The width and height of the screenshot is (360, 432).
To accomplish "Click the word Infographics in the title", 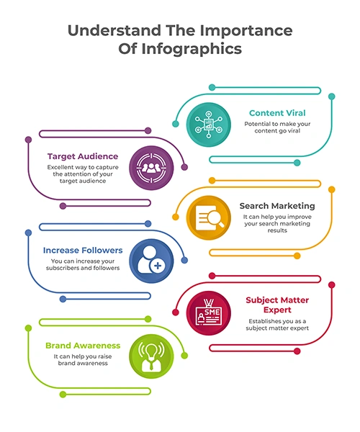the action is pos(192,49).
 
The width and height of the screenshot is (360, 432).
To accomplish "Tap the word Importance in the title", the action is pos(246,30).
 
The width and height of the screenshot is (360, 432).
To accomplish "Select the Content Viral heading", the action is pos(277,113).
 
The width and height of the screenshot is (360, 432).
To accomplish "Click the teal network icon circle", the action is pos(209,125).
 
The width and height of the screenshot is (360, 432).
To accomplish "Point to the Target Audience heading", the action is pos(83,156).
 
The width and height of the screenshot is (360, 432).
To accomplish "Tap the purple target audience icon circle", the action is pos(151,168).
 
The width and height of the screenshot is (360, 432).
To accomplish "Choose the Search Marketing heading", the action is pos(277,206).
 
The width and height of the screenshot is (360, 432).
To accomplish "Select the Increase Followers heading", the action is pos(83,250).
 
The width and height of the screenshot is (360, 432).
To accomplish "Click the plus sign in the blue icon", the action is pos(158,266).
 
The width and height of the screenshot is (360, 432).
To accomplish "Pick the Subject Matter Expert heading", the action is pos(277,305).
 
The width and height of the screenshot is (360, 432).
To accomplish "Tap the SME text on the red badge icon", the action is pos(212,312).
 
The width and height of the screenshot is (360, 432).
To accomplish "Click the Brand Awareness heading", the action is pos(83,346).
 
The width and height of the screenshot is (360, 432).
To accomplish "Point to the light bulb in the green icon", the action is pos(151,352).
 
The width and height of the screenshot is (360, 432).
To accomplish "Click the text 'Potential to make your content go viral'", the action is pos(277,127).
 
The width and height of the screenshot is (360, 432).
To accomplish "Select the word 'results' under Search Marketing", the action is pos(277,230).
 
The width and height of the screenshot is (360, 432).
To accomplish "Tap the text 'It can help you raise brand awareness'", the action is pos(83,360).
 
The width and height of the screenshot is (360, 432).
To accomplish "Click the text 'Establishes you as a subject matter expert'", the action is pos(277,325).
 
